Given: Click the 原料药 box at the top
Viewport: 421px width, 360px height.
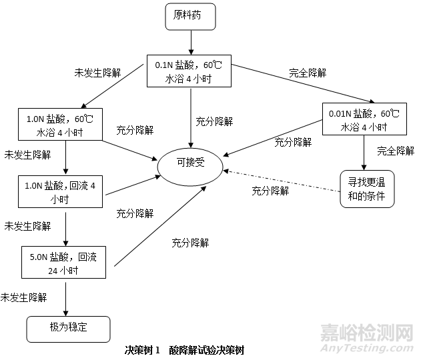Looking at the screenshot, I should [x=191, y=16].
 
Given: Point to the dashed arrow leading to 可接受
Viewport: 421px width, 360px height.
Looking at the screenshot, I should [x=280, y=180].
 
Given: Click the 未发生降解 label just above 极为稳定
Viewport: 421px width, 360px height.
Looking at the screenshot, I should [x=24, y=295].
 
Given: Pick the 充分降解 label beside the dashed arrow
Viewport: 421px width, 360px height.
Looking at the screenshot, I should [x=270, y=191].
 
